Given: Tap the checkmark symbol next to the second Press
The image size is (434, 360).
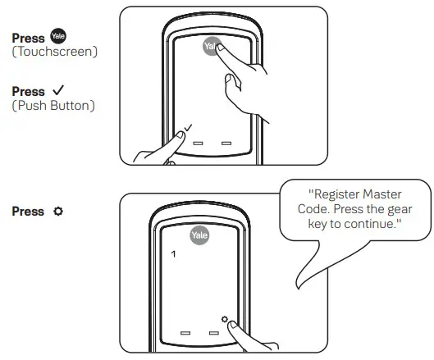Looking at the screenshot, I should (x=58, y=92).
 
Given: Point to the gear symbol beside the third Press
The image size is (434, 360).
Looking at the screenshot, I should (x=57, y=212).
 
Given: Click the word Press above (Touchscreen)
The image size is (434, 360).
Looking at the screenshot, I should (x=28, y=39).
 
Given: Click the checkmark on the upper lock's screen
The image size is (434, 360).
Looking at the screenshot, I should (x=190, y=127).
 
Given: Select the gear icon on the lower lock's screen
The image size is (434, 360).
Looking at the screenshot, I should (x=222, y=319).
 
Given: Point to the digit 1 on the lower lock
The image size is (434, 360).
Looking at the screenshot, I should (x=172, y=255).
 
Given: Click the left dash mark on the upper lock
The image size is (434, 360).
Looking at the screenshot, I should (x=198, y=142).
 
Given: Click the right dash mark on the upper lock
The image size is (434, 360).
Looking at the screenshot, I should (x=226, y=142).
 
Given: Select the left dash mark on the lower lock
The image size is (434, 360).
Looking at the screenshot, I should (x=185, y=334).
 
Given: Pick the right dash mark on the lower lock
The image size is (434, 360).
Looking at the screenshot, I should (x=214, y=334).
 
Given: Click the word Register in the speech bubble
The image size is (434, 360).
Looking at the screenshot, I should (x=335, y=194).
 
